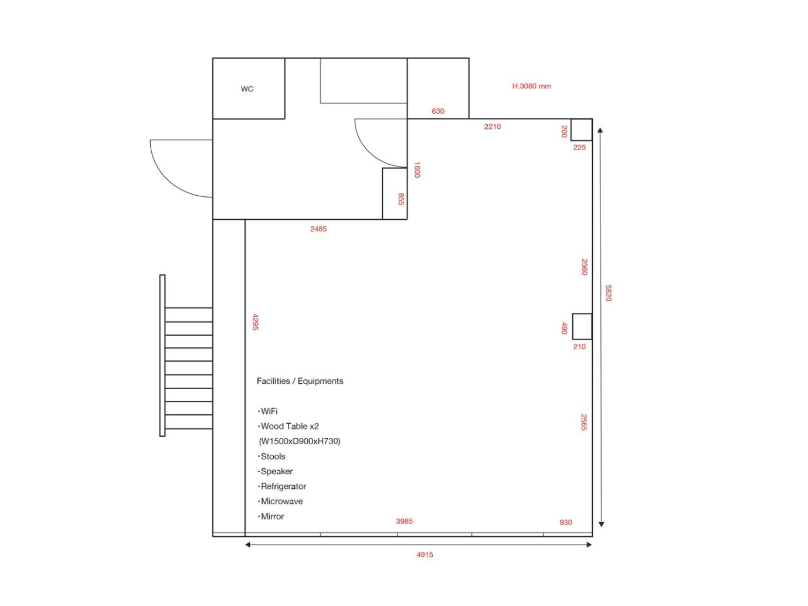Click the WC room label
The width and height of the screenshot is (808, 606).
click(247, 88)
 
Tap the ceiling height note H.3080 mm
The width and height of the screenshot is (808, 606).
click(532, 86)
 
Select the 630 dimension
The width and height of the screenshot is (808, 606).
click(437, 111)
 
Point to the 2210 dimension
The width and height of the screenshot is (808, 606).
click(492, 127)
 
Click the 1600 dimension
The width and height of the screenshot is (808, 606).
click(417, 169)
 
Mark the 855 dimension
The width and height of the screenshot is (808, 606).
click(401, 199)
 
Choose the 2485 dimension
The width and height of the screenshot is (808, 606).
click(318, 229)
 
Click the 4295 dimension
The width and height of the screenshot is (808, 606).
click(256, 322)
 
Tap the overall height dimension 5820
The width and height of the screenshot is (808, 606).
click(608, 293)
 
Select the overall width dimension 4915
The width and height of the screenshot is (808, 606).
click(425, 554)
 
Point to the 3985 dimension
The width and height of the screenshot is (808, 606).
click(404, 521)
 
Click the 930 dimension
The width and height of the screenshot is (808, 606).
click(565, 522)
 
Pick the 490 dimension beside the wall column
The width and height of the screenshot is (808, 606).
click(564, 328)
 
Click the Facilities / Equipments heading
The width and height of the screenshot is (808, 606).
click(300, 381)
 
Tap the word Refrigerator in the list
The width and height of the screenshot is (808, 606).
click(283, 486)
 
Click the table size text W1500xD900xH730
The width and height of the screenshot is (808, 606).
click(300, 441)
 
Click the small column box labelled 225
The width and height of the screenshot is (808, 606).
click(581, 130)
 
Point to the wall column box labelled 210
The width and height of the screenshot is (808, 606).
click(582, 326)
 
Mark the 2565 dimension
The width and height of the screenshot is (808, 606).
click(584, 422)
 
